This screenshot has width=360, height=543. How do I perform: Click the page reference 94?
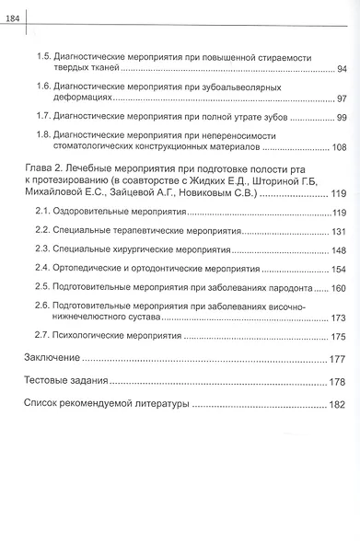(341, 70)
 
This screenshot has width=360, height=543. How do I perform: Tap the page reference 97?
(341, 98)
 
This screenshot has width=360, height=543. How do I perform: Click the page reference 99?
(341, 119)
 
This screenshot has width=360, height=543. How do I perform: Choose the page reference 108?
(338, 147)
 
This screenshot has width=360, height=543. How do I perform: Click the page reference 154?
(338, 270)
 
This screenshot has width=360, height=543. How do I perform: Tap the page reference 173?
(338, 318)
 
